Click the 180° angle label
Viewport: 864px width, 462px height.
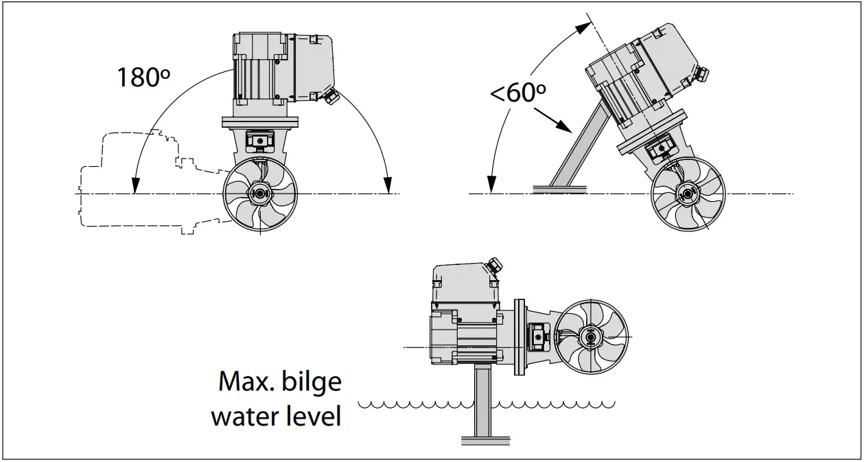point(143,77)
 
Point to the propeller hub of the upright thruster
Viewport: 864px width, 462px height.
point(259,194)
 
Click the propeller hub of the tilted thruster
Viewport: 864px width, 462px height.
point(686,194)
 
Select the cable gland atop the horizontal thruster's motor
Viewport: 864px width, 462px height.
point(493,264)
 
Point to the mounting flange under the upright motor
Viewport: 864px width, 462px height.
point(260,123)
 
